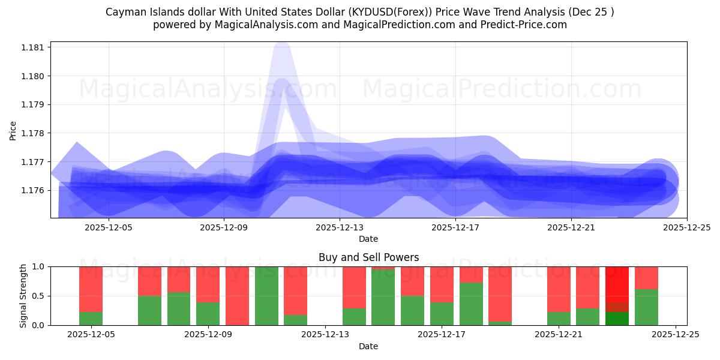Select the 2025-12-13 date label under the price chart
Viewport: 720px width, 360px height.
[x=339, y=227]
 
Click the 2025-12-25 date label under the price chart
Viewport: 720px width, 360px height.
[x=686, y=227]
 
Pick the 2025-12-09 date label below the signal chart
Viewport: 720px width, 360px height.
[x=208, y=335]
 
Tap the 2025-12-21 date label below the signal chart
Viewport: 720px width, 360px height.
[x=559, y=335]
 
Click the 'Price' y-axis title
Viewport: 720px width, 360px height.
[x=13, y=130]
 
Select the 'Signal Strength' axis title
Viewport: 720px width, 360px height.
[x=23, y=296]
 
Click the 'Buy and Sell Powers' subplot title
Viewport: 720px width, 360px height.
[x=368, y=257]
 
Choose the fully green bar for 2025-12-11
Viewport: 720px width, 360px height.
[x=266, y=296]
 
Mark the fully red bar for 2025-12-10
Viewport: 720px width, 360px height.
[x=237, y=296]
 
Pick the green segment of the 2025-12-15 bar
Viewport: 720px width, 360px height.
[x=383, y=298]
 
